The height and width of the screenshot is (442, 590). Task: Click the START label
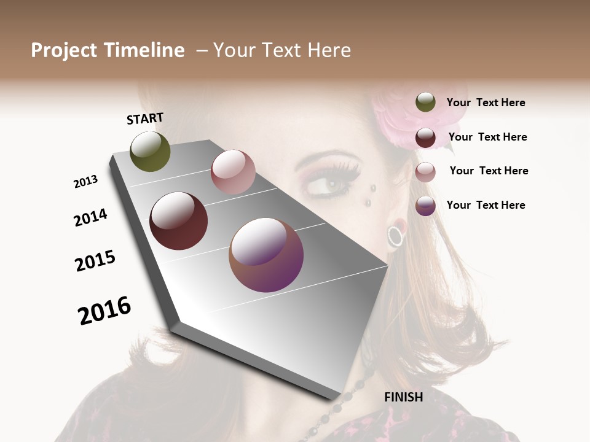145,118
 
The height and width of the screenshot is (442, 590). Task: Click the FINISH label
404,397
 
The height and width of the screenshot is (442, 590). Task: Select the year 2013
86,182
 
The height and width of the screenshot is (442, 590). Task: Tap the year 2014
91,217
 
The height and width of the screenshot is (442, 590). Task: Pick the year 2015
95,261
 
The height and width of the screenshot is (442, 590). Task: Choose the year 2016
104,310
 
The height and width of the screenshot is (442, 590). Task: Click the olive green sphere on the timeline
150,152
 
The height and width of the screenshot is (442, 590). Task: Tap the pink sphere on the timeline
233,172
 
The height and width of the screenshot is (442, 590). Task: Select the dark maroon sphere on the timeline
178,221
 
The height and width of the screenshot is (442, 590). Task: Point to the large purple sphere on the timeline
266,255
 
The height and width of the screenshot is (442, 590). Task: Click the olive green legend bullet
425,103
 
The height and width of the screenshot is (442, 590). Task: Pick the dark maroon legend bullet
425,138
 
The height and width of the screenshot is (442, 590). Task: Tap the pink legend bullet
425,172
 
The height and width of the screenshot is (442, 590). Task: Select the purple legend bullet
425,206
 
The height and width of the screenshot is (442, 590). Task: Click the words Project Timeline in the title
108,50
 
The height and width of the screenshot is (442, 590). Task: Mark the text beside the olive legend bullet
486,103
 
